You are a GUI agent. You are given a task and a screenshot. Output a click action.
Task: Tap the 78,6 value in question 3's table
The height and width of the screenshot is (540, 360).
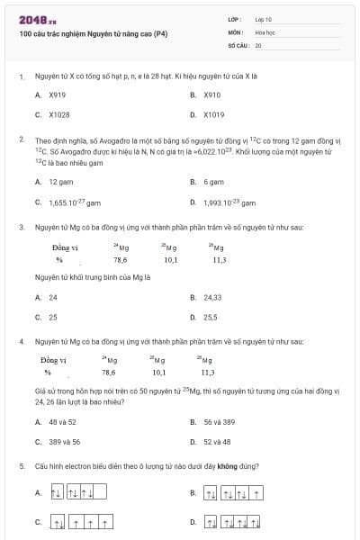tap(120, 259)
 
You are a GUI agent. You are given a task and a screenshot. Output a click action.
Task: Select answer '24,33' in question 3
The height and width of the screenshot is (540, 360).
tap(212, 296)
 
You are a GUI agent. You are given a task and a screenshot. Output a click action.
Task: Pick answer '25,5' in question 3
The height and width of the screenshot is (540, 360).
tap(211, 317)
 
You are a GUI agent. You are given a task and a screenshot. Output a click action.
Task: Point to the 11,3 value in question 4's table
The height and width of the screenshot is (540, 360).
tap(207, 372)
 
